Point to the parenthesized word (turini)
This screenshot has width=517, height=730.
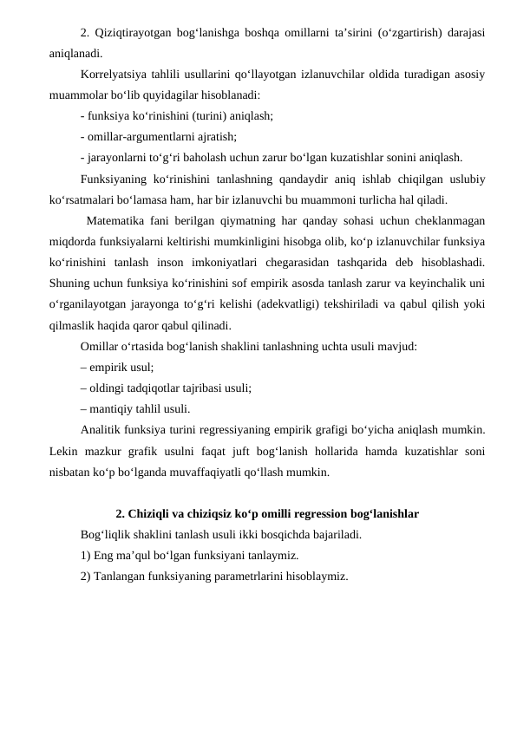point(200,114)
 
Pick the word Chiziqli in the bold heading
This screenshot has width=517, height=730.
point(149,513)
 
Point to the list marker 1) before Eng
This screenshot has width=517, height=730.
point(85,555)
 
